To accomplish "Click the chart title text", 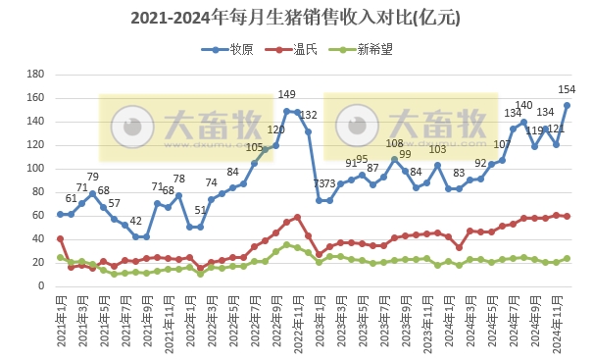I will tap(295, 18).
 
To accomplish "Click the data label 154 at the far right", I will tap(567, 91).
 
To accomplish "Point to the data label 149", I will tap(286, 95).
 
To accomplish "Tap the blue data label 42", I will tap(136, 222).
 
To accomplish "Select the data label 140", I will tap(523, 106).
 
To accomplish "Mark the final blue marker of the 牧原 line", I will tap(567, 105).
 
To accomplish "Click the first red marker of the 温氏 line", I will tap(60, 238).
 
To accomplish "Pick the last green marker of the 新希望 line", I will tap(567, 259).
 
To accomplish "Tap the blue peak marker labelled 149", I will tap(286, 111).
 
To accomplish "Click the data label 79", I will tap(93, 178).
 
